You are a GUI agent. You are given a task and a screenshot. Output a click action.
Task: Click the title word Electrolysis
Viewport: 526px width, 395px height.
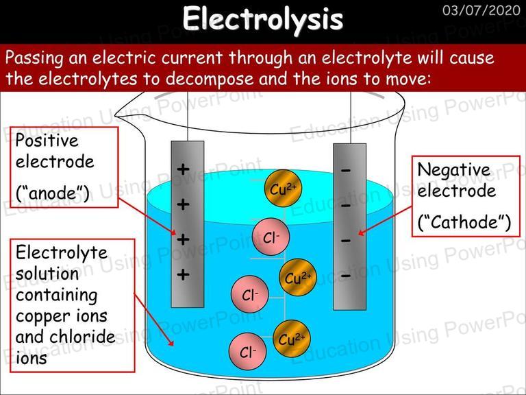(263, 19)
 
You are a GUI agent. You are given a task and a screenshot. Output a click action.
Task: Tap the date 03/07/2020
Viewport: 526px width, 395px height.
(481, 10)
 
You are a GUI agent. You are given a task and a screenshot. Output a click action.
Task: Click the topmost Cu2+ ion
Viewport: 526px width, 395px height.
(283, 189)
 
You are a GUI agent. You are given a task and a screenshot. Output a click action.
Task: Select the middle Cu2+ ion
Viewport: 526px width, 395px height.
(298, 278)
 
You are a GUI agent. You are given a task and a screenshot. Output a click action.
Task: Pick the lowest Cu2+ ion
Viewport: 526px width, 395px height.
(292, 339)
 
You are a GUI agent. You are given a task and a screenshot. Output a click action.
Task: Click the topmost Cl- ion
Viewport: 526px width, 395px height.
(271, 237)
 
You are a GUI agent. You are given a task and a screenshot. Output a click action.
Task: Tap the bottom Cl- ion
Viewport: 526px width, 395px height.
(247, 351)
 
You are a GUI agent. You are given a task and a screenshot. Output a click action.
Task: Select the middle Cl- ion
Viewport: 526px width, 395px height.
(249, 294)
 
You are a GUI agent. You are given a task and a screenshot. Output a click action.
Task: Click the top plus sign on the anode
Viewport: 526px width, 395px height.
(183, 169)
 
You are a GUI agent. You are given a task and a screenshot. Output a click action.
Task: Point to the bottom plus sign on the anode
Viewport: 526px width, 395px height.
(183, 275)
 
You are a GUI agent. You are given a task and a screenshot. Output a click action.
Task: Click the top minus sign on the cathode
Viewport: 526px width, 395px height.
(346, 171)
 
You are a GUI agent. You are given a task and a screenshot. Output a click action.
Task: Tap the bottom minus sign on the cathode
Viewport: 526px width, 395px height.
(346, 276)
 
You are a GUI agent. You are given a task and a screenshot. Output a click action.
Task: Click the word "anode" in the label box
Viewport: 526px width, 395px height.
(52, 193)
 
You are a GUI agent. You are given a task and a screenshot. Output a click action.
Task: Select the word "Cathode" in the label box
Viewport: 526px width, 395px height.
(464, 222)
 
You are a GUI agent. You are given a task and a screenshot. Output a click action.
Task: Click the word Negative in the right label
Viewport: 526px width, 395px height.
(453, 170)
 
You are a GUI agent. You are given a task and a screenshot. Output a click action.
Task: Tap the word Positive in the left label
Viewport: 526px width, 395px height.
(47, 141)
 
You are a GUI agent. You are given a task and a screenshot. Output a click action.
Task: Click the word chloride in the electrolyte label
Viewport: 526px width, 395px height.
(82, 337)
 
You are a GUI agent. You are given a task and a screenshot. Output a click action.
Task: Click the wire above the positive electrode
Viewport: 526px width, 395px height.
(188, 116)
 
